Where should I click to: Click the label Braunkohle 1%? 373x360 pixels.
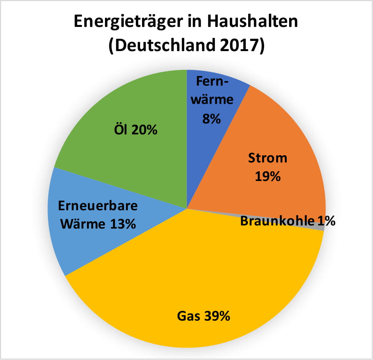[x=288, y=221]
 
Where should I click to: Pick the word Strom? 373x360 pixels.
[x=268, y=158]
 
